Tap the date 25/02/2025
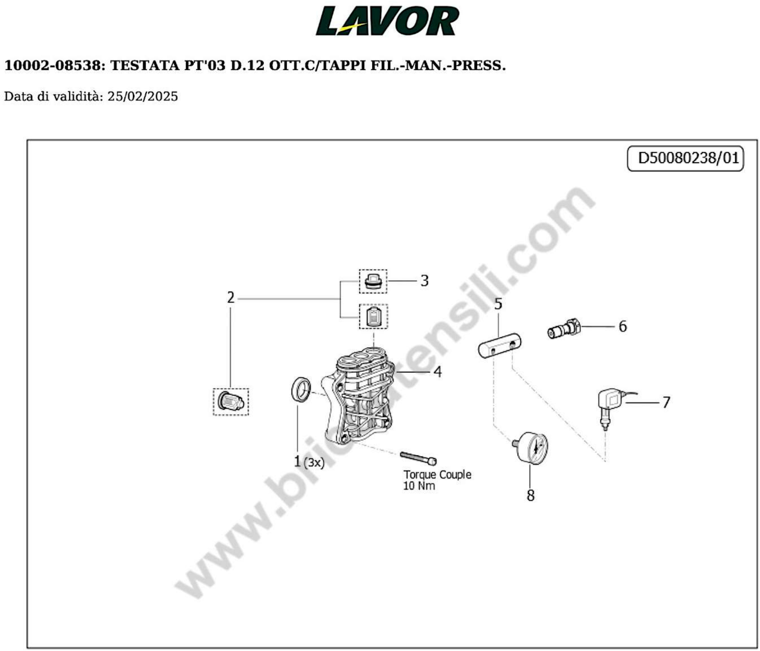coord(142,97)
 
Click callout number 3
coord(424,281)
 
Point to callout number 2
coord(230,297)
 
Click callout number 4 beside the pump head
coord(438,372)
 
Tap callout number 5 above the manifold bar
coord(498,304)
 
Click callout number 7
coord(666,403)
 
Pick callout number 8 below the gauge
coord(530,495)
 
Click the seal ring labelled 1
coord(302,390)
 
